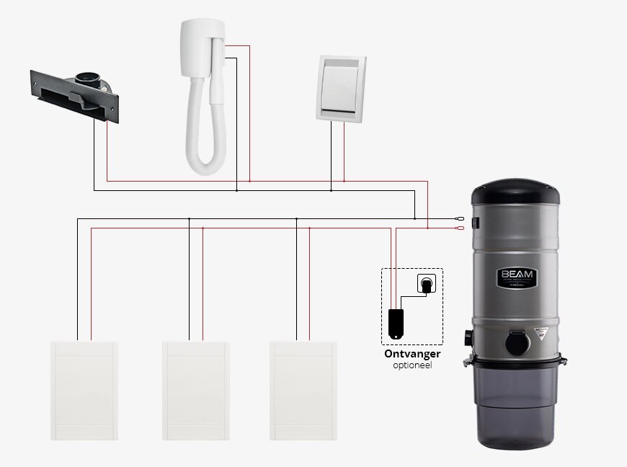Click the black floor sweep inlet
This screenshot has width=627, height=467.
pos(73,89)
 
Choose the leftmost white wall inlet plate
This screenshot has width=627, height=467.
pos(83,389)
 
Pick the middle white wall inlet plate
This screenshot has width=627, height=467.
pos(196,389)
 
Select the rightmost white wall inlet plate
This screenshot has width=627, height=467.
pos(303,389)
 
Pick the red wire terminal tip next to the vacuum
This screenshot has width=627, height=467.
pos(459,228)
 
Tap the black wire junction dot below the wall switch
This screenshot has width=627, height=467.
pos(331,190)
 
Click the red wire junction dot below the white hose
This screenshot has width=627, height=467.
pos(249,180)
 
